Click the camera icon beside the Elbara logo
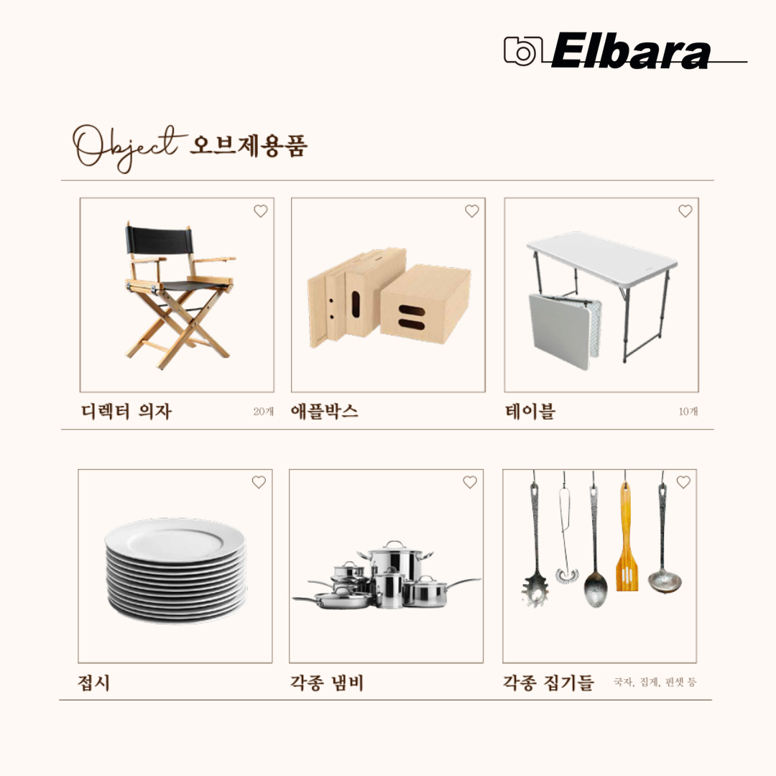point(523,50)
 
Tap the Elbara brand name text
point(631,52)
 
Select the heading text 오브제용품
point(249,145)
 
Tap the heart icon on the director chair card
point(260,211)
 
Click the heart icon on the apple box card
point(471,211)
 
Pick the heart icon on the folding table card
point(685,211)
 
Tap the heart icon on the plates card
point(259,483)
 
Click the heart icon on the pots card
point(469,483)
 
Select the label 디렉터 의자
point(126,412)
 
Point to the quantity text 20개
point(263,412)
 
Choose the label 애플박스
point(325,412)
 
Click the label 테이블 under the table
point(530,412)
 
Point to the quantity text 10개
point(688,412)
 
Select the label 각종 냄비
point(327,683)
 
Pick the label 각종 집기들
point(548,683)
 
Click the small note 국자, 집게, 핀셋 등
point(655,682)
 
